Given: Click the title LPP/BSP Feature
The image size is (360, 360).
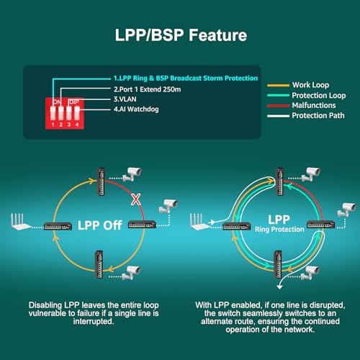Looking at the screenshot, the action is coord(181,35).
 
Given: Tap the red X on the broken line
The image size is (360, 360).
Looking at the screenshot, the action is coord(136,199).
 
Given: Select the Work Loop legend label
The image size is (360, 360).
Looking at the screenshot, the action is coord(310,85).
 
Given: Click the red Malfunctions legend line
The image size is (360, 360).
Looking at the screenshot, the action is coord(278,106).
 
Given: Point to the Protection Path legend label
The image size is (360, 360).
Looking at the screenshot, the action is coord(318,116).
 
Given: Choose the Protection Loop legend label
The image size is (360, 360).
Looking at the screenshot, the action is coord(319,96).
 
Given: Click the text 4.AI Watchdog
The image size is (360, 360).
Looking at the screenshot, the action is coord(136,109).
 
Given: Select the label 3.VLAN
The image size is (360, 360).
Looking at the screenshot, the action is coord(125,99).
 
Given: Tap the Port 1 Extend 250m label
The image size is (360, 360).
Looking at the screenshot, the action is coord(148,89).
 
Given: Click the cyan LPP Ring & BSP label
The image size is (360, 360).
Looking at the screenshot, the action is coord(186,78).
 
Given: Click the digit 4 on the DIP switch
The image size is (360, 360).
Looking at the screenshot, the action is coord(77,125).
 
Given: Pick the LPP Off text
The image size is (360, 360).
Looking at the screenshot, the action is coord(100,225).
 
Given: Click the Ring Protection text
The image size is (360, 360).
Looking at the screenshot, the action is coord(279,230).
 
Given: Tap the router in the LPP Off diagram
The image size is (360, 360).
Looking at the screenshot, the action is coord(21,222).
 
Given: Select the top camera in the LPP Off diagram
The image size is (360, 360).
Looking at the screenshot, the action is coord(132,174).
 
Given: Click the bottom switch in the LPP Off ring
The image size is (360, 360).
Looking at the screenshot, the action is coord(99,264).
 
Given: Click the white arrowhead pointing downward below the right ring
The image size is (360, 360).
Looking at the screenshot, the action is coord(279,287).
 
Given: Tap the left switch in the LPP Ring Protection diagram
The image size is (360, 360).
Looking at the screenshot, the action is coord(237,227).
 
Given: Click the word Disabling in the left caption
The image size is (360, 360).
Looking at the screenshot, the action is coord(45,305).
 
